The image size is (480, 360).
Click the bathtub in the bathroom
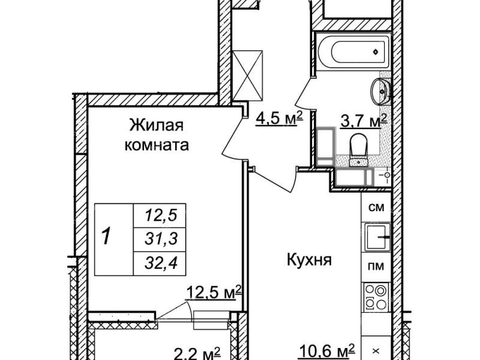click(354, 52)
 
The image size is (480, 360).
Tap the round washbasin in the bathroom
click(380, 91)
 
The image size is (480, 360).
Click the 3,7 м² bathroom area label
click(364, 121)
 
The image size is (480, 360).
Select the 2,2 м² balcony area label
click(197, 353)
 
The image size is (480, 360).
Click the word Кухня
click(309, 260)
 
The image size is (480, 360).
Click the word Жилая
click(157, 125)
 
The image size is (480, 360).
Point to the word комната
click(157, 145)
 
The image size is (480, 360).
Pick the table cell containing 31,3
click(160, 239)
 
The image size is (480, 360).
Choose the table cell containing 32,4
click(160, 263)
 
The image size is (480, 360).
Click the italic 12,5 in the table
click(161, 215)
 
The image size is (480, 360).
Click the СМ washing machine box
click(376, 207)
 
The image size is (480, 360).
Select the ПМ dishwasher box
click(376, 266)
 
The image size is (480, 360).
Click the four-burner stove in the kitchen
click(376, 297)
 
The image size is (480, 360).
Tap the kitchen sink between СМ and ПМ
click(377, 237)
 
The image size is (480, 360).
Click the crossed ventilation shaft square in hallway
click(248, 76)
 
